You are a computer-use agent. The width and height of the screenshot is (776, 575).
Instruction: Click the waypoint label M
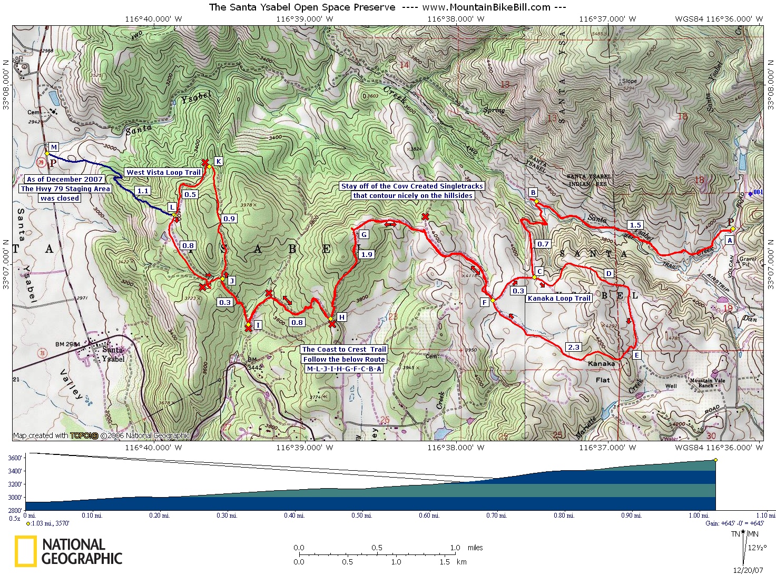coord(53,147)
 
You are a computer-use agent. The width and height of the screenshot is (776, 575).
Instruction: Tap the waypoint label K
coord(218,161)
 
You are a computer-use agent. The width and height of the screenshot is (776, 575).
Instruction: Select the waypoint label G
coord(364,235)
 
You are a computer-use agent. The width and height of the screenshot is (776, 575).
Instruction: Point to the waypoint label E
coord(636,355)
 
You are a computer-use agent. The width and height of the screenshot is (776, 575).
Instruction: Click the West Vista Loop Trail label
coord(163,172)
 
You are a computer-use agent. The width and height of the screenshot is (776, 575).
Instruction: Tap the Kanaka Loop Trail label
coord(559,298)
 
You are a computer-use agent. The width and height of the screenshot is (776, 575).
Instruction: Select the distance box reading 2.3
coord(573,347)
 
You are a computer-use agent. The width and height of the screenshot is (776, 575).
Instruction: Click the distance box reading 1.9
coord(367,254)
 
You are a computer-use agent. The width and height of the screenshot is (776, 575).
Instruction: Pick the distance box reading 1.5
coord(635,225)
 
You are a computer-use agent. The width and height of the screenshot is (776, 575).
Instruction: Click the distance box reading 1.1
coord(142,191)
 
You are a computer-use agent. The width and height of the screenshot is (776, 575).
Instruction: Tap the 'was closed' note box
coord(60,198)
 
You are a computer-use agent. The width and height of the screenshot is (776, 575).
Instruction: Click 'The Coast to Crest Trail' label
coord(345,349)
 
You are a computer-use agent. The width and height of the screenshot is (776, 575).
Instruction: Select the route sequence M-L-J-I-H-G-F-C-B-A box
coord(344,369)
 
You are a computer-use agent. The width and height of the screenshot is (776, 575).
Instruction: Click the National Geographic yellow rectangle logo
coord(25,551)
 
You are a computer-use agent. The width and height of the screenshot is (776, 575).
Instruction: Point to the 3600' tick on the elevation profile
coord(14,458)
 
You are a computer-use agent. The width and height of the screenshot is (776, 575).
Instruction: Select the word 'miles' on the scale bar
coord(475,548)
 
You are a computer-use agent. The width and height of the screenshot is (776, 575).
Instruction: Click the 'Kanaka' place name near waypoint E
coord(601,363)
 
